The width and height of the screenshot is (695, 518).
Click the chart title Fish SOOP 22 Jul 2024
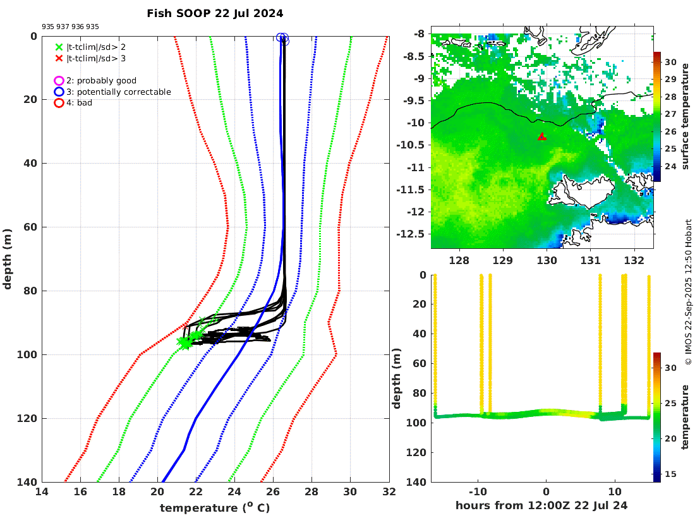pos(215,13)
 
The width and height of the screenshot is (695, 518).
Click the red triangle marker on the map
pos(541,136)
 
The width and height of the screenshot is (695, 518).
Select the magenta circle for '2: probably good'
pos(59,81)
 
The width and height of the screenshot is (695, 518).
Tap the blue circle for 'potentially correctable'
pos(59,92)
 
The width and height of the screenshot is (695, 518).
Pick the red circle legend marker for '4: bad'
pos(59,102)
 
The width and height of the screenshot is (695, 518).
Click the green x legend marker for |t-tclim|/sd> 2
pos(59,47)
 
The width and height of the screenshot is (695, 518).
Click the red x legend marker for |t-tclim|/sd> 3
pos(59,58)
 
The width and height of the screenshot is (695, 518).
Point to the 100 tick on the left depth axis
pos(28,354)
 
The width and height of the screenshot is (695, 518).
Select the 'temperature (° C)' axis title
pos(215,507)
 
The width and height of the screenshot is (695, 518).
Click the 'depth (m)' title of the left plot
pos(8,259)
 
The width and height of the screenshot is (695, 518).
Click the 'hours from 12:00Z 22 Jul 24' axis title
pos(541,505)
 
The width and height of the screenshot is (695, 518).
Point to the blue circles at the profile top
pos(282,39)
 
